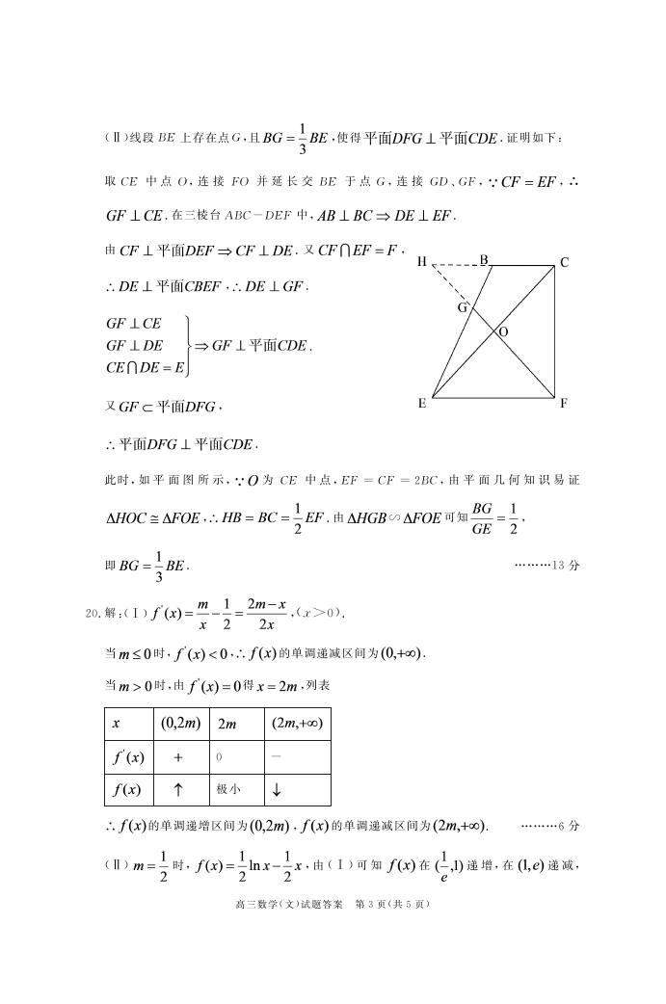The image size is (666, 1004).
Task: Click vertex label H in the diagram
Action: [x=422, y=261]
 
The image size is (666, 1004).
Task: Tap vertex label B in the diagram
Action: [x=484, y=258]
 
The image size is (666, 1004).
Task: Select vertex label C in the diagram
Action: [x=564, y=262]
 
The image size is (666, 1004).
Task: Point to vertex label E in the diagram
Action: [x=422, y=404]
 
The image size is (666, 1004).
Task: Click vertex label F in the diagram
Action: [x=564, y=404]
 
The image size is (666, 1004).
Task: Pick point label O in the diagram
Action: [x=503, y=331]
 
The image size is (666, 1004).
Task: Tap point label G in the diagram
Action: [x=463, y=308]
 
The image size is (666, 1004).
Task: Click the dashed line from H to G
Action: [x=450, y=287]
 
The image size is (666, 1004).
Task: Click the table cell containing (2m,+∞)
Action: [x=296, y=723]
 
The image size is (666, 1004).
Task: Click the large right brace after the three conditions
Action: [x=188, y=344]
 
